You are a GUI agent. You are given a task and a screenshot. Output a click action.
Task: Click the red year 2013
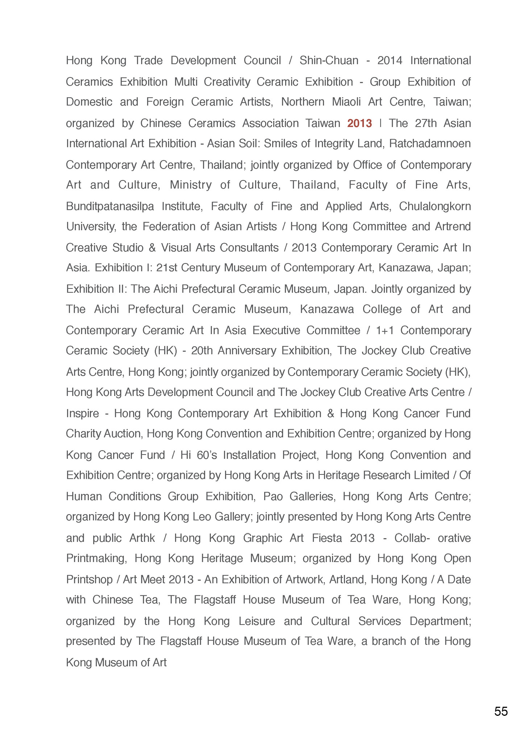point(359,123)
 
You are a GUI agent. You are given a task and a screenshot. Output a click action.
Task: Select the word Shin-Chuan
point(329,60)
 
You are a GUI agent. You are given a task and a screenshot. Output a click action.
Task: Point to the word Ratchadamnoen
point(430,144)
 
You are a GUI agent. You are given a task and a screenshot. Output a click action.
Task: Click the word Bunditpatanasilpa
point(110,206)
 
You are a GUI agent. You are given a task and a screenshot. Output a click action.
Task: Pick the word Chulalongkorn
point(435,206)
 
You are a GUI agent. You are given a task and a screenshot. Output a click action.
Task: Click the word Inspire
point(82,414)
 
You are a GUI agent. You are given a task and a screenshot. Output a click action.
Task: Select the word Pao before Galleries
point(273,496)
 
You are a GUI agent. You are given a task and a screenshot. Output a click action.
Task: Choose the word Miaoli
point(346,102)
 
